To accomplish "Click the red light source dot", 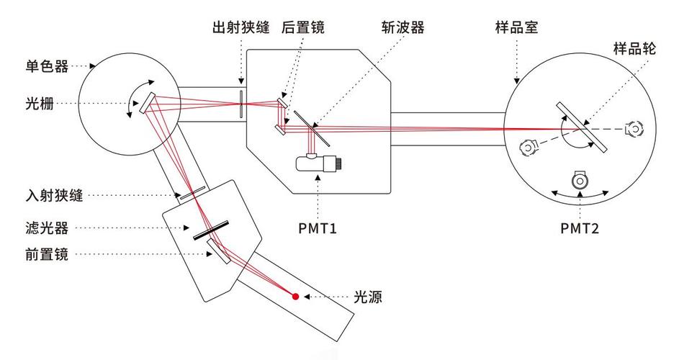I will click(x=295, y=296).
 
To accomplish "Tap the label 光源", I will click(x=367, y=297).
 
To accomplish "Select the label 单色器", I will click(x=47, y=66).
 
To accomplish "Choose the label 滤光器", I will click(x=47, y=228).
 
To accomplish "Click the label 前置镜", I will click(x=47, y=254).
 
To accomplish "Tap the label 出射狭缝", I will click(x=240, y=28).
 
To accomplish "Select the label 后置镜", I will click(x=303, y=28).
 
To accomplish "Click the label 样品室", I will click(x=517, y=28).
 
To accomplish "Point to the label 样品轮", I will click(x=634, y=48).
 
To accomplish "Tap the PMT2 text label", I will click(x=580, y=229).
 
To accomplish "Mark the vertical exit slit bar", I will click(x=241, y=102).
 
